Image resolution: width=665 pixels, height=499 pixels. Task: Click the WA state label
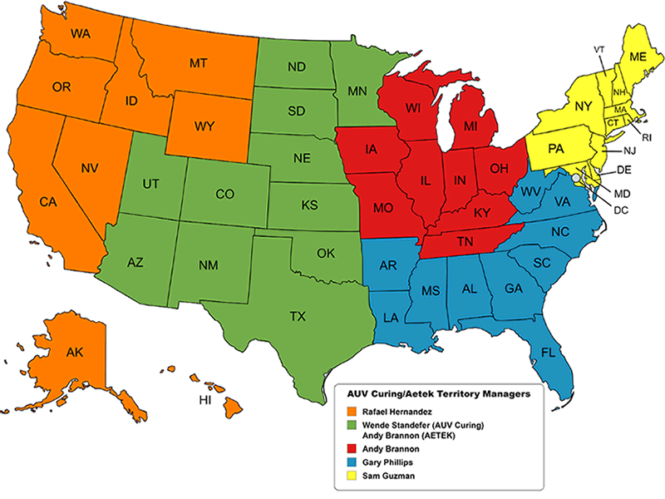tap(81, 34)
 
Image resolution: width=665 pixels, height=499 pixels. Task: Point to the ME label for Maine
tap(638, 57)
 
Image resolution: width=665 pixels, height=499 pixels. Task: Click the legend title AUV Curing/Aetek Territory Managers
tap(436, 392)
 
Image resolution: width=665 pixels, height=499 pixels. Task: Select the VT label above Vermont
tap(598, 49)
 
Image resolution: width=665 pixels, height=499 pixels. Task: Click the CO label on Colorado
tap(224, 194)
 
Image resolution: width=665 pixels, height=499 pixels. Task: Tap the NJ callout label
tap(631, 152)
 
